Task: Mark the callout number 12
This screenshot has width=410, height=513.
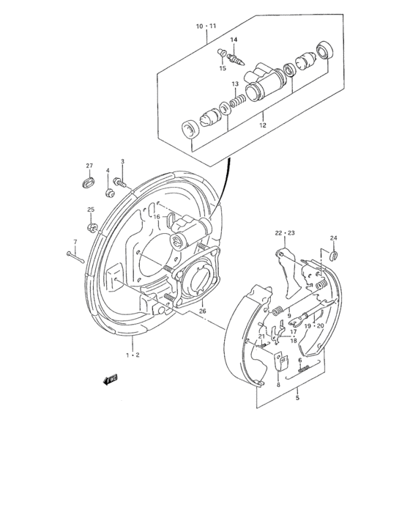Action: [x=262, y=125]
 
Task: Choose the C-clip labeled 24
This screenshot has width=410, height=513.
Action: [x=332, y=255]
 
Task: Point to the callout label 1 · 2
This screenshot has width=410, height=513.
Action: [x=132, y=354]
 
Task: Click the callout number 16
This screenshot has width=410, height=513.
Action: [x=156, y=217]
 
